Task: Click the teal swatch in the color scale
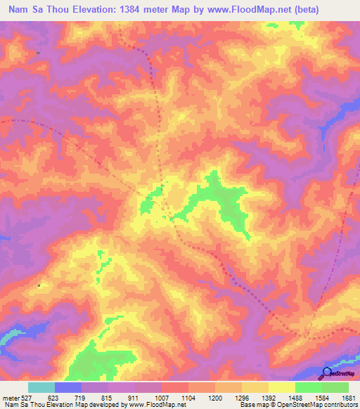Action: click(x=41, y=387)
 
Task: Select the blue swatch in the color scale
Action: click(x=68, y=387)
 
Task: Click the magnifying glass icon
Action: click(x=326, y=372)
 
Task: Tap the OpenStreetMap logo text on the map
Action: click(x=344, y=375)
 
